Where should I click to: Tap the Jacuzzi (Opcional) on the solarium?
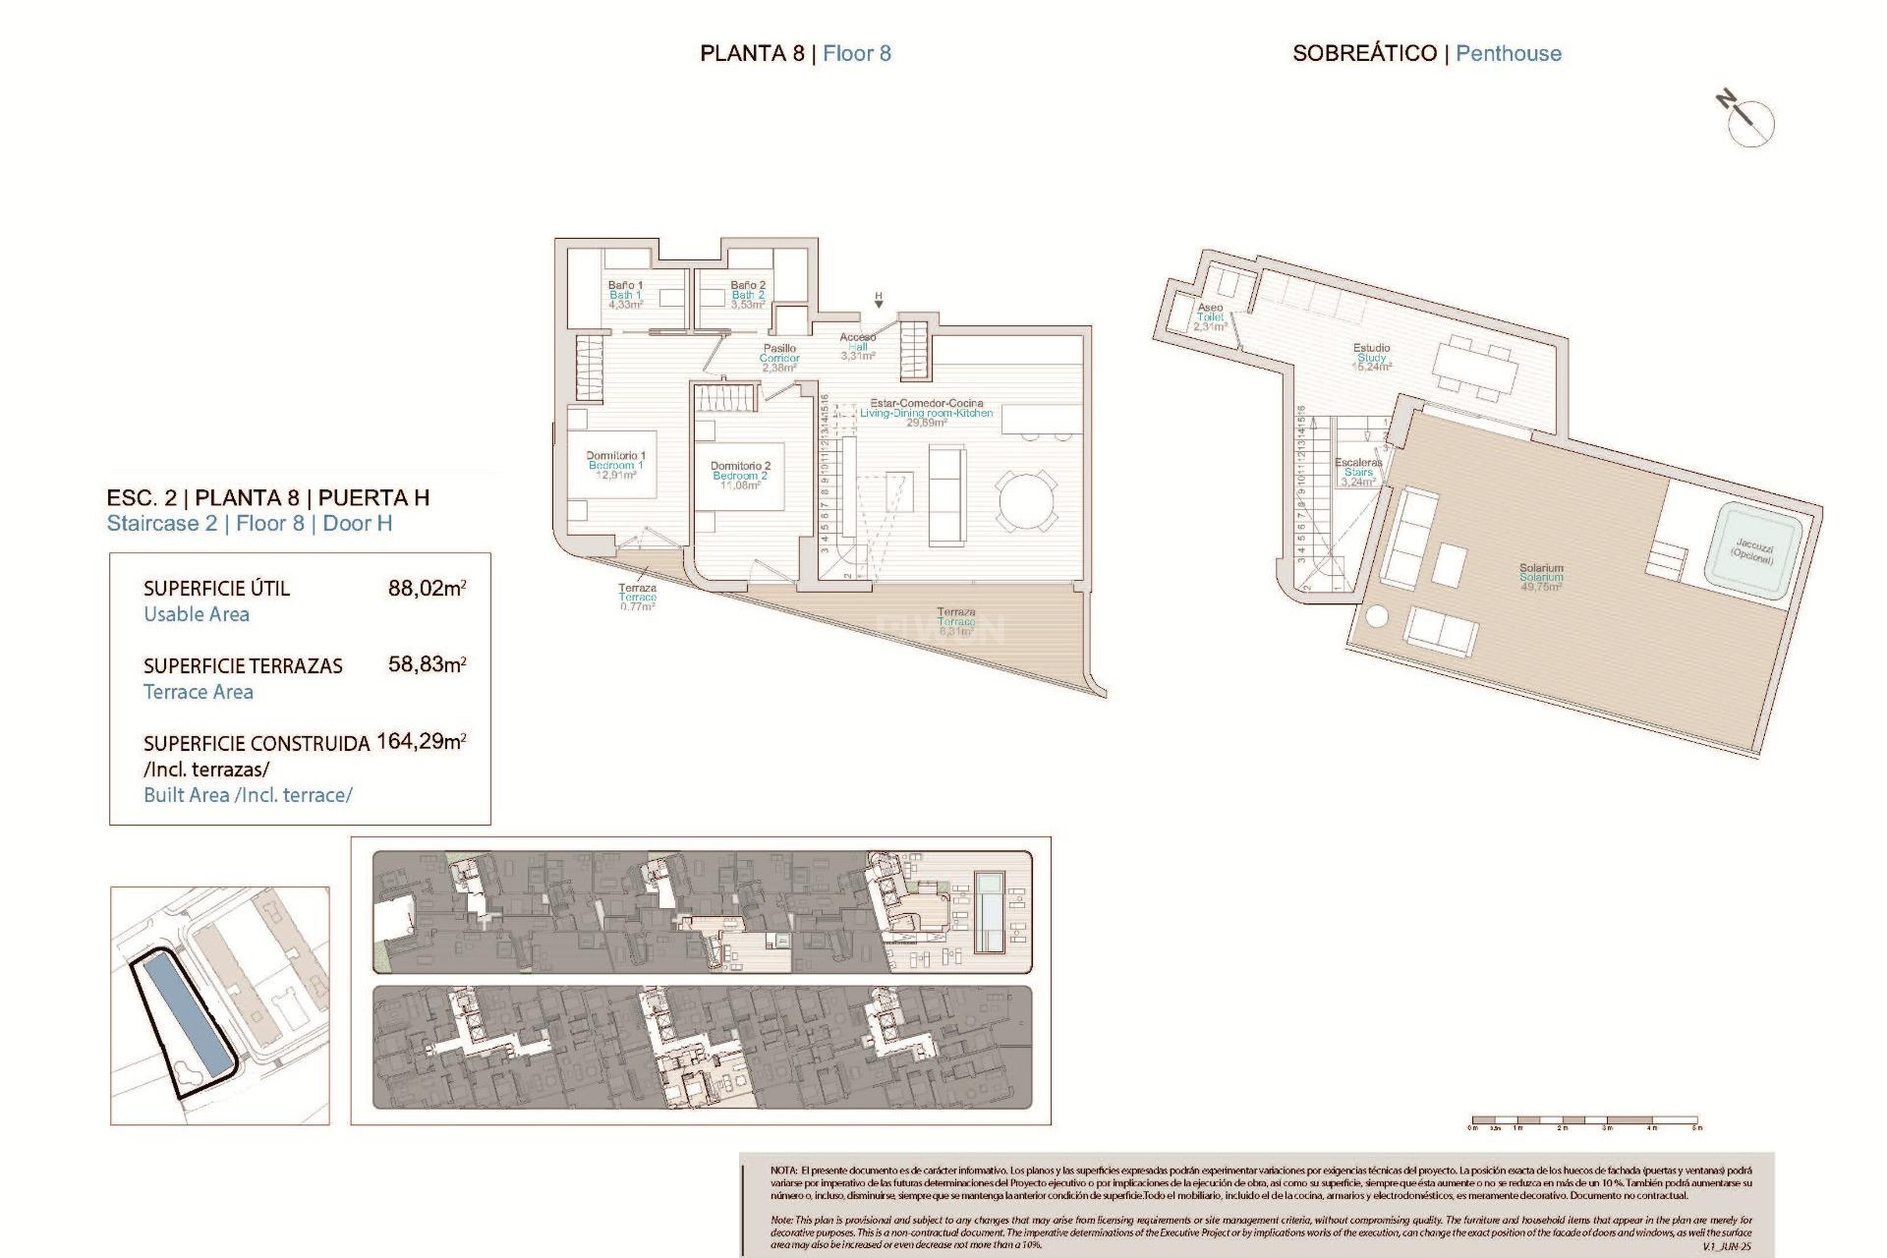tap(1753, 551)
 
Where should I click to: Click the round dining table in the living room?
tap(1027, 502)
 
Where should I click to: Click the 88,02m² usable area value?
tap(427, 589)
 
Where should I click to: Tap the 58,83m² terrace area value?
tap(427, 664)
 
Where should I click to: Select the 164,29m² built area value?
tap(421, 741)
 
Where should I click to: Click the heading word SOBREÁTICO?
tap(1364, 54)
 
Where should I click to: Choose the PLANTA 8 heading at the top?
tap(752, 54)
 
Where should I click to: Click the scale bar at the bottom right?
tap(1584, 1120)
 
